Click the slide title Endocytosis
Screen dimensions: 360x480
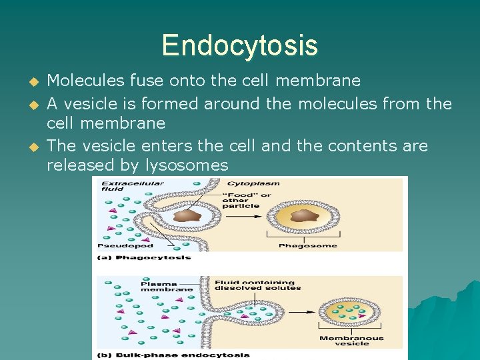(239, 45)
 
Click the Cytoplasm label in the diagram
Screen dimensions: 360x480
(253, 183)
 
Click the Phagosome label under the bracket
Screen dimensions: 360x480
(307, 246)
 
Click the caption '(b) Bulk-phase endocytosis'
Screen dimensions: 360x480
(174, 355)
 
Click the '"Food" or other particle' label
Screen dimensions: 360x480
(247, 200)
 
